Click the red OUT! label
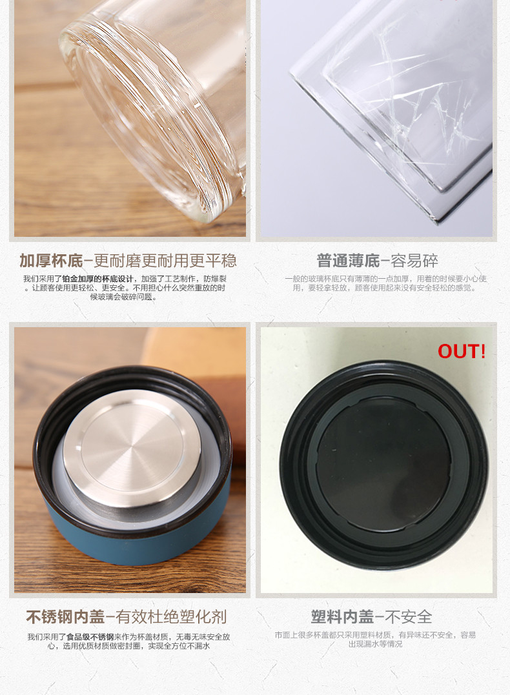461,351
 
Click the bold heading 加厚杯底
51,261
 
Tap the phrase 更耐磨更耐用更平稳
165,261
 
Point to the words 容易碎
414,261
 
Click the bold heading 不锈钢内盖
65,616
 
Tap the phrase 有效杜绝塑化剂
171,616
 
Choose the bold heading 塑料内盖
342,616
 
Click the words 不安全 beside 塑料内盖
409,616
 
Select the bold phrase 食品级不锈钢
90,637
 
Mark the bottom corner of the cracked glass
437,221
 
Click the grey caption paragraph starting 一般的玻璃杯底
385,283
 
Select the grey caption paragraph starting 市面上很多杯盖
375,639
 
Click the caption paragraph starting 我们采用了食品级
128,641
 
